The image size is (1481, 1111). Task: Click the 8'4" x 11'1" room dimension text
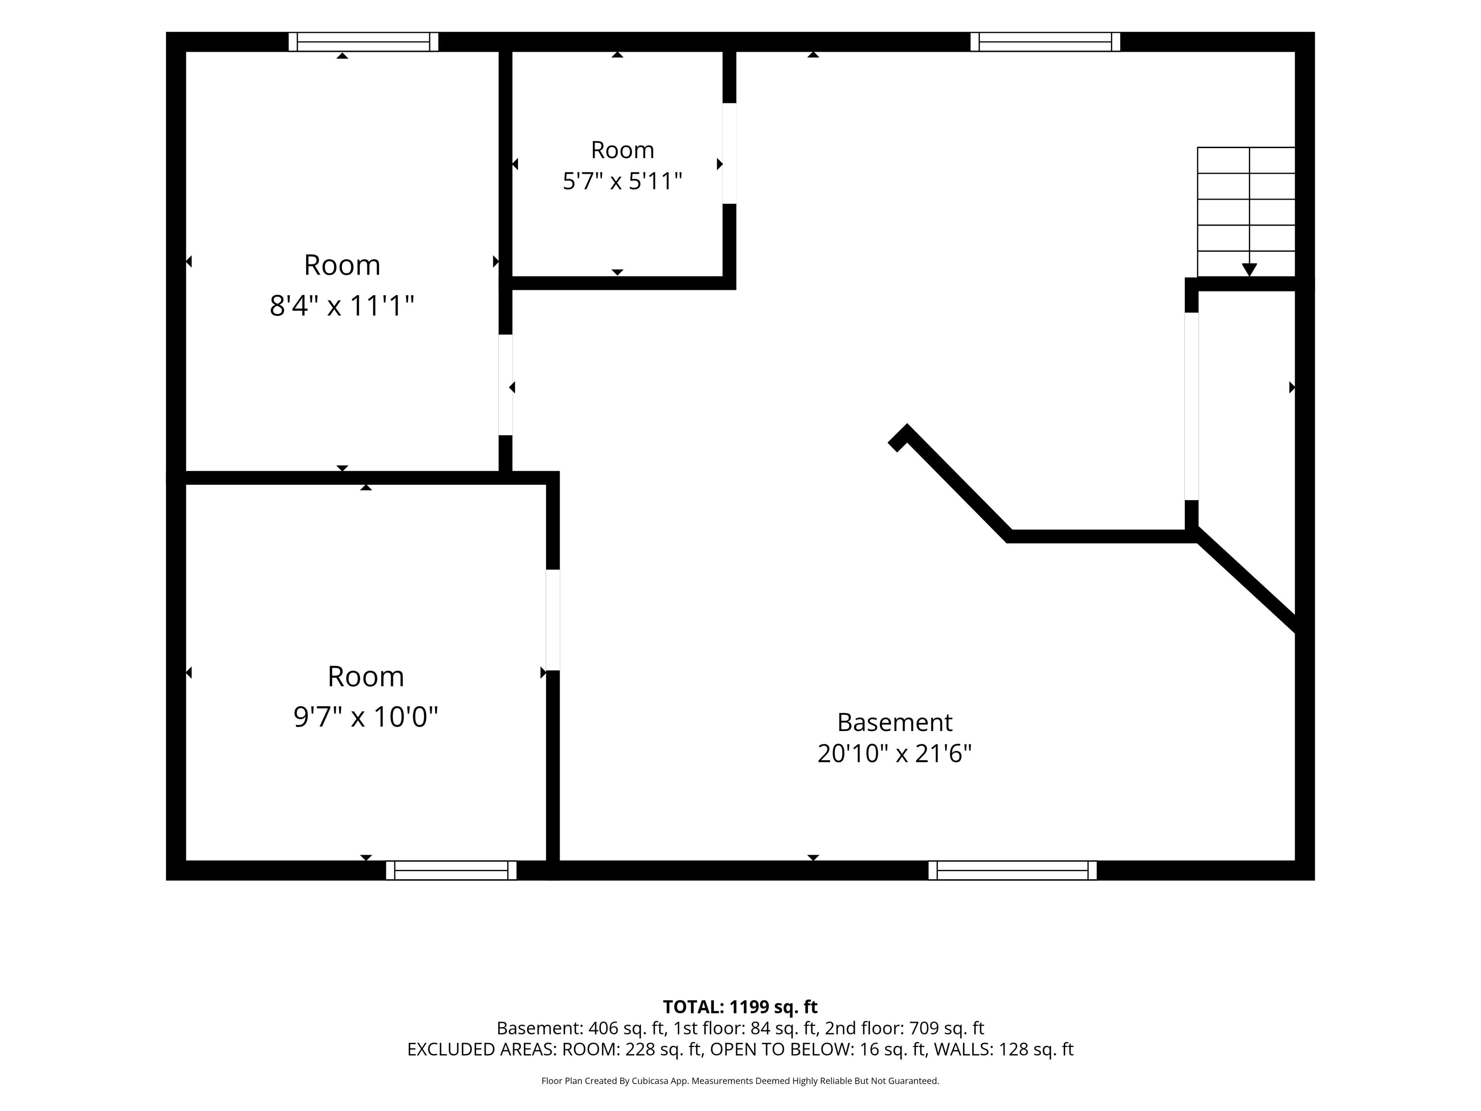pos(342,306)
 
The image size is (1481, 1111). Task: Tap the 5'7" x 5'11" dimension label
pos(622,181)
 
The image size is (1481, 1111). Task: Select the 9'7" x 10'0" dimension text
pos(366,717)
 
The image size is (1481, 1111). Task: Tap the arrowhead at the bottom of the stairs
pos(1249,270)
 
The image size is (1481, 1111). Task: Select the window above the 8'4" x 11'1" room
pos(364,42)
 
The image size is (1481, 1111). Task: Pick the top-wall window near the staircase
pos(1045,42)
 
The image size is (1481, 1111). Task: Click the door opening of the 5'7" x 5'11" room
pos(729,154)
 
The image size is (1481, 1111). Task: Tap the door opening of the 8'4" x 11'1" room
pos(506,385)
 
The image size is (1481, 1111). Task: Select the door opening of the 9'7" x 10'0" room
pos(552,620)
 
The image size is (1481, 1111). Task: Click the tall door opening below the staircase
pos(1191,407)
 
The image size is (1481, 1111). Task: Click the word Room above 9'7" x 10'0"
pos(366,676)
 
